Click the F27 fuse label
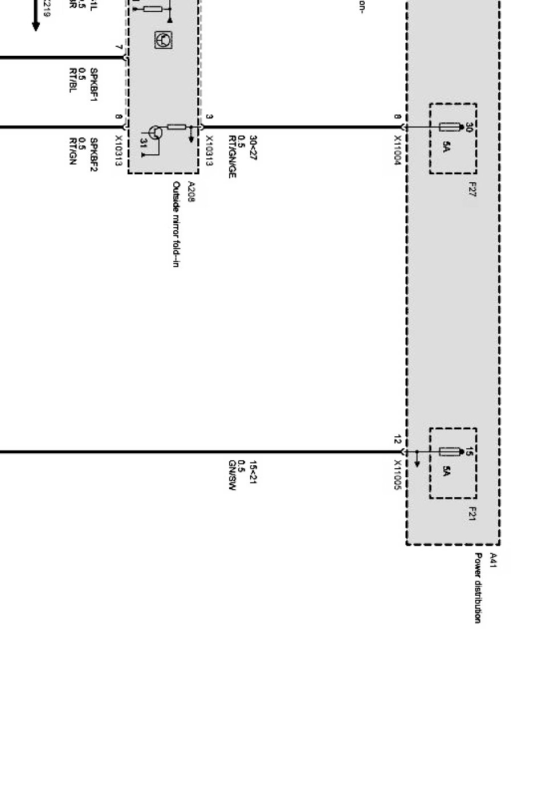[472, 190]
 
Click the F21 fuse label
[472, 514]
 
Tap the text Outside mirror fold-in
[176, 224]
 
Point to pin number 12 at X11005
[397, 440]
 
